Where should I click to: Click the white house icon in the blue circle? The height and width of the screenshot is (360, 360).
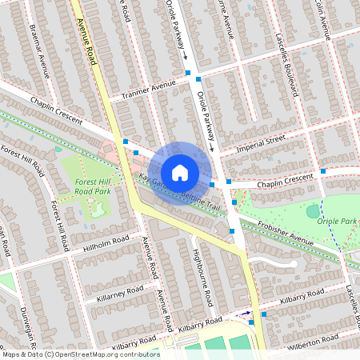(180, 172)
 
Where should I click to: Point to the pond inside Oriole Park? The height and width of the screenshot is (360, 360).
(313, 211)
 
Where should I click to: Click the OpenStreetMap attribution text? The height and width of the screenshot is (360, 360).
(80, 354)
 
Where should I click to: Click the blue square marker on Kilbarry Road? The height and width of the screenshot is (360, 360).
(252, 322)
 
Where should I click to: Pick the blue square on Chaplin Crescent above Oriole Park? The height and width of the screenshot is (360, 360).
(322, 170)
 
